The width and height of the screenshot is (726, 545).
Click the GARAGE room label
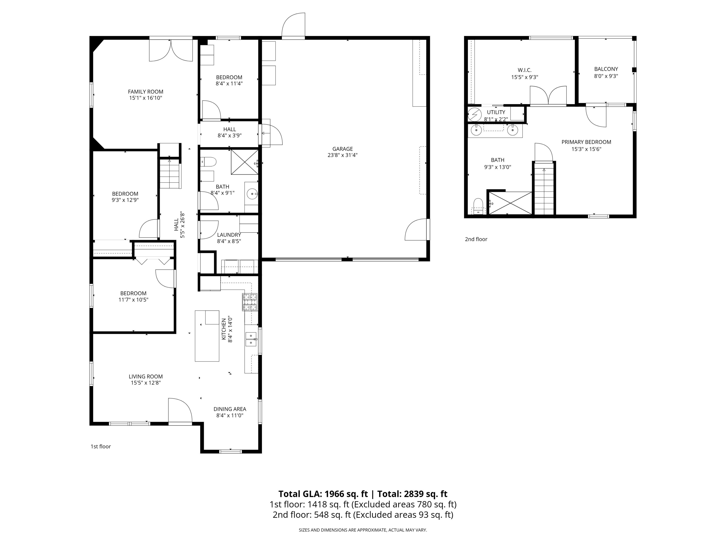point(342,149)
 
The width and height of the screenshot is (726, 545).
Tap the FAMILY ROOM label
point(145,92)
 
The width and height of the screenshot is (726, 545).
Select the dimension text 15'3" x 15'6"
point(586,149)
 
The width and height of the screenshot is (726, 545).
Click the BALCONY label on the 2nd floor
point(606,69)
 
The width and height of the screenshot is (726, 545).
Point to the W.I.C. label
point(524,70)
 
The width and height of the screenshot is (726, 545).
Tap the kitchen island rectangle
point(207,336)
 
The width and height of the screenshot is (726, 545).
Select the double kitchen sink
point(251,339)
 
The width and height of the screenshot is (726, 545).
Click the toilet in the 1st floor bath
point(209,162)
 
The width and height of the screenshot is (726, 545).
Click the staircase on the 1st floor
point(170,173)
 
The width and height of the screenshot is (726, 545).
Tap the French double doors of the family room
point(171,50)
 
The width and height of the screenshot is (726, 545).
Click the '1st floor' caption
point(100,446)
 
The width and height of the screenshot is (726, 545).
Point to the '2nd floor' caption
point(476,239)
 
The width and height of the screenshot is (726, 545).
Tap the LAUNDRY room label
point(229,235)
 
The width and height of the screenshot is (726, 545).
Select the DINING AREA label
point(230,409)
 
